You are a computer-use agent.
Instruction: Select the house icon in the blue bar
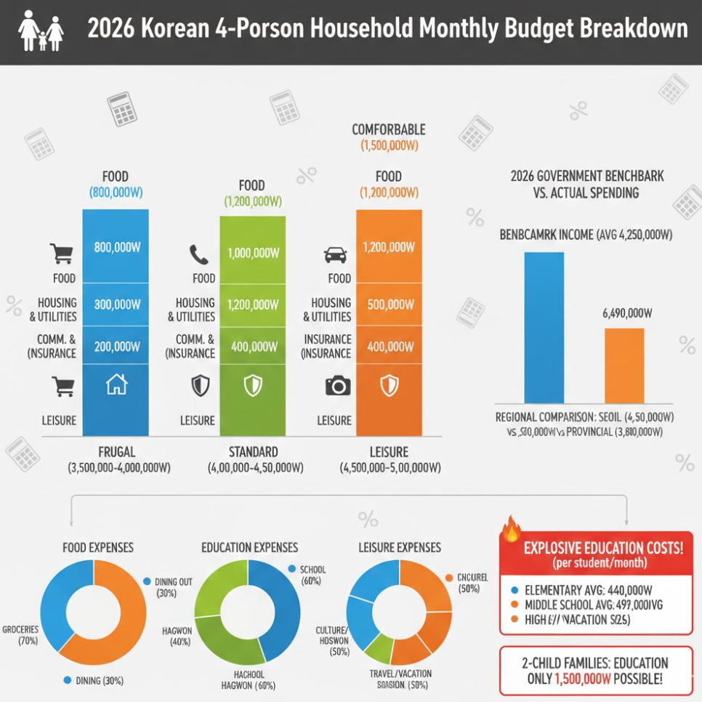[x=116, y=385]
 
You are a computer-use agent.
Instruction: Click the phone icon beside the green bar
[x=198, y=254]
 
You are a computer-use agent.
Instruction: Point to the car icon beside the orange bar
[x=335, y=254]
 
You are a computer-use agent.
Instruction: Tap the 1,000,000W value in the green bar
[x=253, y=254]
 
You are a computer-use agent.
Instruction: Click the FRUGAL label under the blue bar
[x=117, y=452]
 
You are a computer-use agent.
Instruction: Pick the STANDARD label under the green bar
[x=253, y=452]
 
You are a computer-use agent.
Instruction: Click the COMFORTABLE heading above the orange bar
[x=389, y=129]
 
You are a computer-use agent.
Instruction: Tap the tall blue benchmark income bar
[x=544, y=327]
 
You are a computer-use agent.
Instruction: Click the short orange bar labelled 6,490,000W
[x=624, y=366]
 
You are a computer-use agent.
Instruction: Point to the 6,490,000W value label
[x=627, y=313]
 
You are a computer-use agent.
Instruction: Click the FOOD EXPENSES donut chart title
[x=98, y=547]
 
